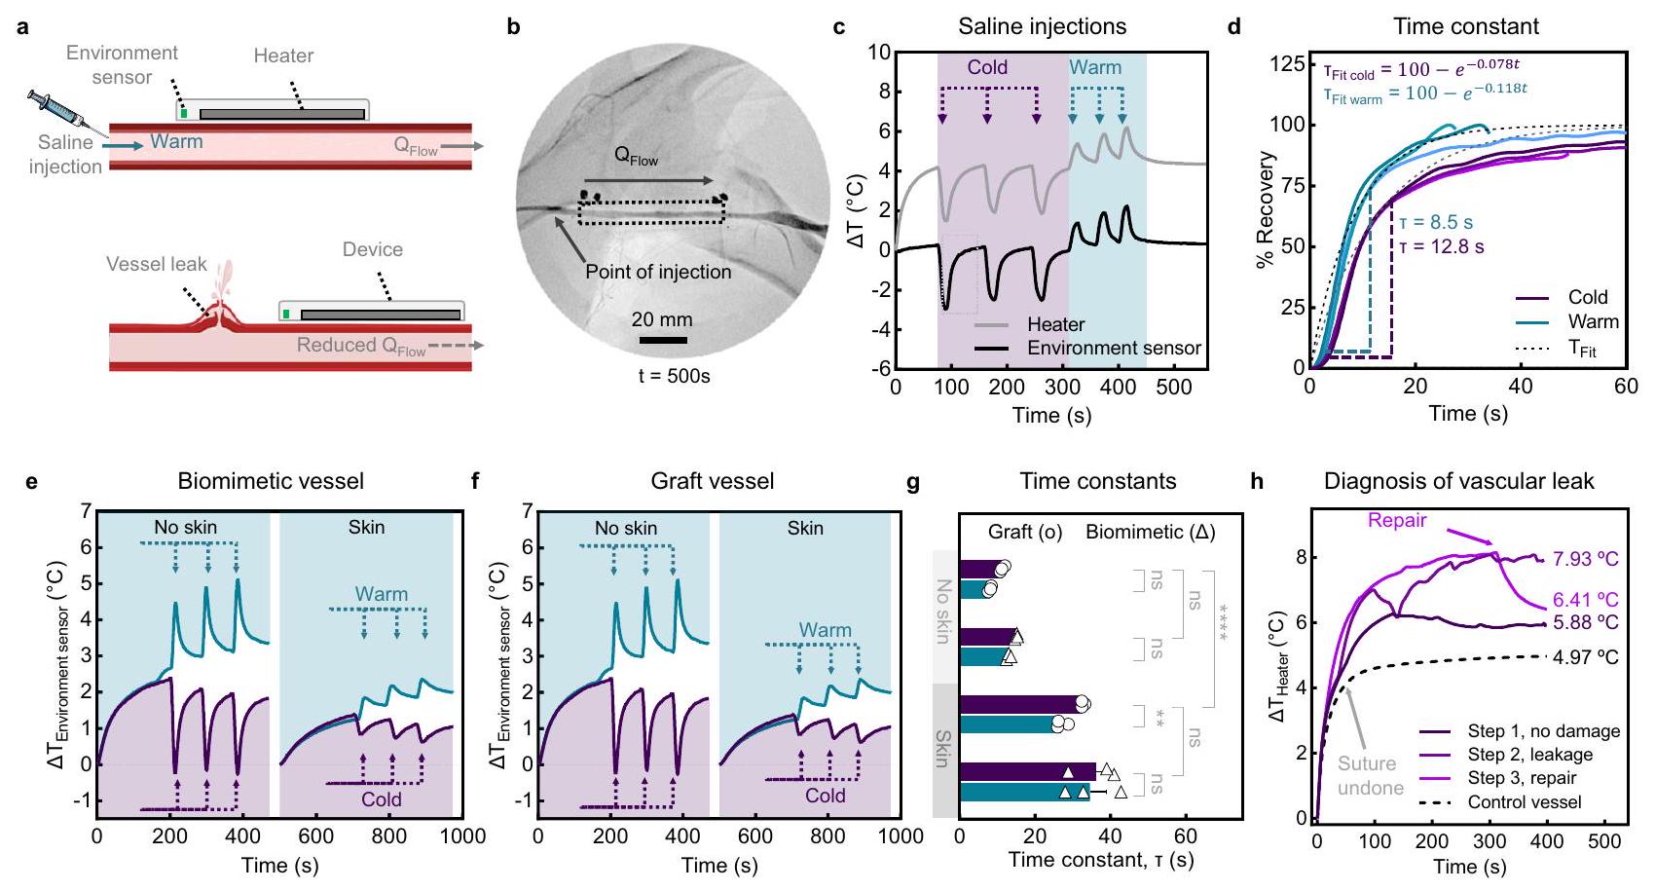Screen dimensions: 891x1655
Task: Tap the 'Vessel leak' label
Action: click(x=157, y=264)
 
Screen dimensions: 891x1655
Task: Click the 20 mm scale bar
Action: click(x=663, y=340)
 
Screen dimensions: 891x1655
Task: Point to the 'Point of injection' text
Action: click(x=658, y=272)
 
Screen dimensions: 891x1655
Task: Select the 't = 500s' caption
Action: click(x=674, y=376)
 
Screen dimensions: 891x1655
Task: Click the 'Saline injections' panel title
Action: click(x=1042, y=26)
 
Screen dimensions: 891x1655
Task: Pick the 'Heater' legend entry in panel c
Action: click(x=1055, y=324)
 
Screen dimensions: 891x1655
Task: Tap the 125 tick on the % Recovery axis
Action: click(x=1287, y=64)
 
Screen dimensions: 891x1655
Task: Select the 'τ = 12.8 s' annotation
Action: click(x=1441, y=246)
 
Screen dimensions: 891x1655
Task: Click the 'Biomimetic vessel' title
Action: click(x=271, y=481)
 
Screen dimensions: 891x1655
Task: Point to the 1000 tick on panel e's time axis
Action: click(x=461, y=836)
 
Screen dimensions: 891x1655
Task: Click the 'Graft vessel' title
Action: click(x=713, y=481)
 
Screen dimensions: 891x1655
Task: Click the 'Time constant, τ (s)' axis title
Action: click(x=1100, y=860)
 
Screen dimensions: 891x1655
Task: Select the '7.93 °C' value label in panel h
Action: click(x=1585, y=559)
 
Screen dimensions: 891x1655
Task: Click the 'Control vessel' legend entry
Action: click(x=1524, y=802)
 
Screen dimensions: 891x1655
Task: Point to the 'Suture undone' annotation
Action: click(x=1370, y=776)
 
